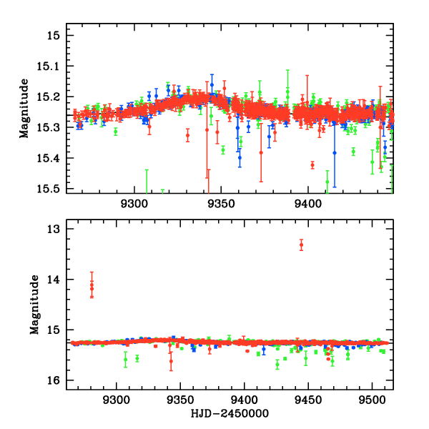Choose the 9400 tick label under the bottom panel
245,401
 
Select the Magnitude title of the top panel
24,108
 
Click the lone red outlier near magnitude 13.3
301,245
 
